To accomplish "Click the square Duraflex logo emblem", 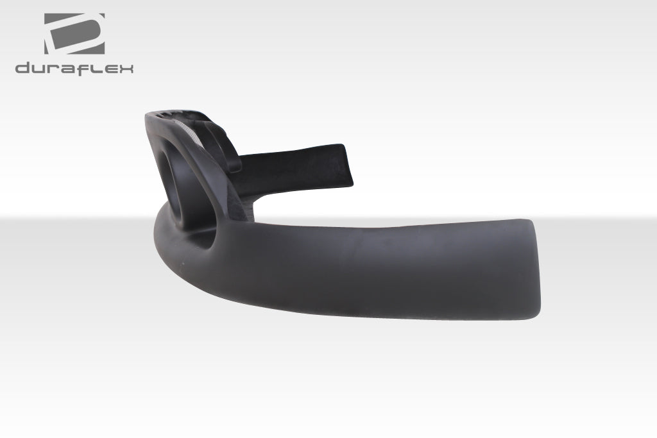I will click(74, 33).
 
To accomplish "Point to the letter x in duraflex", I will click(125, 69).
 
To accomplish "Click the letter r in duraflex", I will click(52, 69).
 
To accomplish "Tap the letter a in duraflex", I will click(67, 69).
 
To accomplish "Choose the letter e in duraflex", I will click(108, 69).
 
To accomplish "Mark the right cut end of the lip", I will click(536, 266).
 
